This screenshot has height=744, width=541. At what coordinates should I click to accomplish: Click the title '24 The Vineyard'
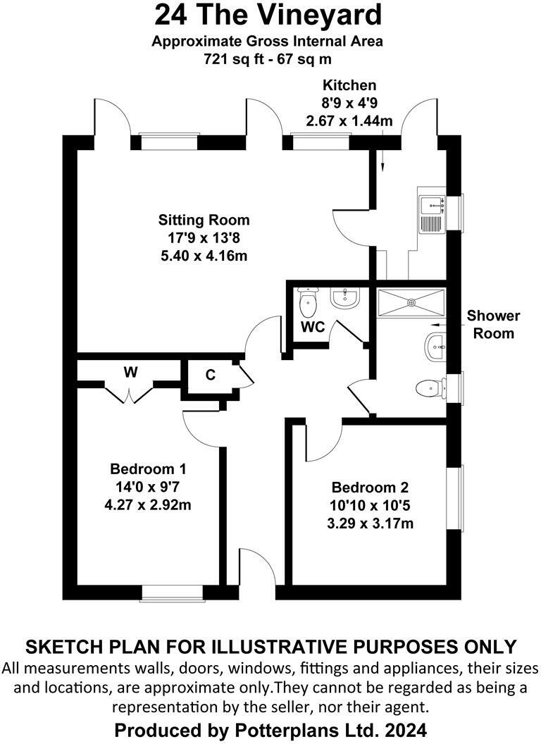(269, 15)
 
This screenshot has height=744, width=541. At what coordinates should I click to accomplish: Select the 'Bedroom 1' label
(148, 469)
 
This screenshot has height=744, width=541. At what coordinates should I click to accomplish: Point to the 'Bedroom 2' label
(370, 487)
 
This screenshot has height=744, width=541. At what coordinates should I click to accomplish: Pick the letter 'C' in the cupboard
(210, 376)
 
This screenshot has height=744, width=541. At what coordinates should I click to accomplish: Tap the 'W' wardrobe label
(130, 373)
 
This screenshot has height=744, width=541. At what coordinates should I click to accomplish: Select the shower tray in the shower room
(411, 303)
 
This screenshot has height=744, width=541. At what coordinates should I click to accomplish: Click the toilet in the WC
(308, 303)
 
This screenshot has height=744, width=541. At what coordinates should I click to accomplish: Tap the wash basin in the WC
(345, 299)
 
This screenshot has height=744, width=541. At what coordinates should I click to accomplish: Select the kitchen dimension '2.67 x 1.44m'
(349, 120)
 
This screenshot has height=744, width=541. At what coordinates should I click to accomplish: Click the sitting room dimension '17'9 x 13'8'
(204, 237)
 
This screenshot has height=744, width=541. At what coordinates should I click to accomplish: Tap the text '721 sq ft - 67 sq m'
(268, 60)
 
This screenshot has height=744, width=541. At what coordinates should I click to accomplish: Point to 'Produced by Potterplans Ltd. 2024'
(270, 728)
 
